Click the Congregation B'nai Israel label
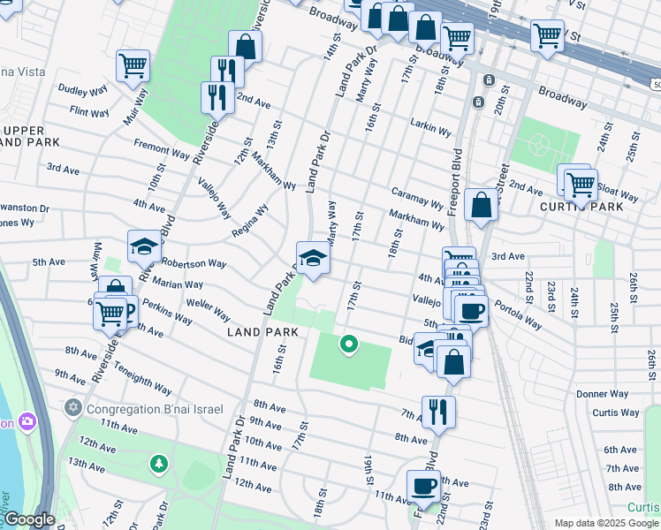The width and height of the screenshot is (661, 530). pyautogui.click(x=156, y=408)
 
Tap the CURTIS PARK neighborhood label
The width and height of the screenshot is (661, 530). pyautogui.click(x=581, y=207)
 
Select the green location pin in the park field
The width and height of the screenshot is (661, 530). pyautogui.click(x=349, y=344)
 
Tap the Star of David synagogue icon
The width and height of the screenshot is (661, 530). pyautogui.click(x=73, y=408)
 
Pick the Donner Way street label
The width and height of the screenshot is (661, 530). pyautogui.click(x=602, y=394)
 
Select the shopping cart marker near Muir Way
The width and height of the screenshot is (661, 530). pyautogui.click(x=133, y=64)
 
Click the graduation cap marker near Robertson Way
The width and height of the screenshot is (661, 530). pyautogui.click(x=144, y=247)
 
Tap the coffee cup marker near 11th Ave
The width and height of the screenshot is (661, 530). pyautogui.click(x=423, y=485)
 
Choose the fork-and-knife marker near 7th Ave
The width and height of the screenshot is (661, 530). pyautogui.click(x=438, y=412)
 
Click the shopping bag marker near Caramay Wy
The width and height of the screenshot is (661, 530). pyautogui.click(x=481, y=205)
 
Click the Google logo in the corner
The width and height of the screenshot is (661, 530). pyautogui.click(x=28, y=520)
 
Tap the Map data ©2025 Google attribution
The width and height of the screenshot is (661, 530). pyautogui.click(x=605, y=523)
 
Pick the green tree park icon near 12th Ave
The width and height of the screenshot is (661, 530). pyautogui.click(x=158, y=463)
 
